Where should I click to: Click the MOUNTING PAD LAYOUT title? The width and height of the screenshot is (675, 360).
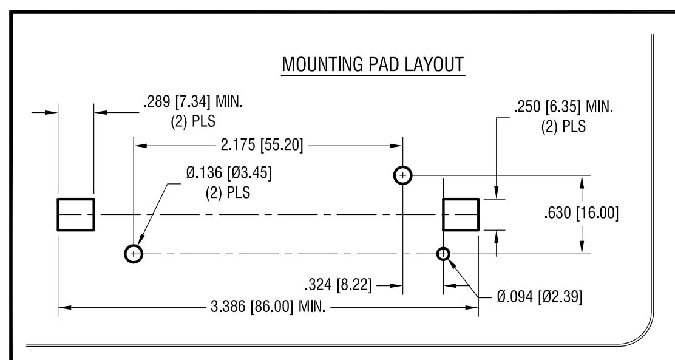tap(373, 65)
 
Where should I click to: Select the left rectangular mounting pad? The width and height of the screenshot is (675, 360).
tap(76, 214)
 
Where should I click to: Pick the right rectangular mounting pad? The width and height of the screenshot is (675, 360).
tap(461, 214)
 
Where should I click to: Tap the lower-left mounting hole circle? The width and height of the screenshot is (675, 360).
tap(134, 253)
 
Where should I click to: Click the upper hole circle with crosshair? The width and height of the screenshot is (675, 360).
tap(402, 175)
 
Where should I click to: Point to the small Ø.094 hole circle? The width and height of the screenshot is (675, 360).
tap(444, 253)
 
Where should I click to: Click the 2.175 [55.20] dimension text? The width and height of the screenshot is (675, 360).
tap(262, 144)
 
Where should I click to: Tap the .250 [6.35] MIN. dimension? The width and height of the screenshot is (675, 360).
tap(563, 109)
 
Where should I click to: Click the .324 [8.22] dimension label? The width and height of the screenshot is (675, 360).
tap(339, 285)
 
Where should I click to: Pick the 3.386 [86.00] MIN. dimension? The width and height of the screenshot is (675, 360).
tap(268, 307)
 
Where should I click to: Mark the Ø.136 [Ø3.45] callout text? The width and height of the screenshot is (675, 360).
tap(229, 173)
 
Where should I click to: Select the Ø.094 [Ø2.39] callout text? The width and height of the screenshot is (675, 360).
tap(540, 297)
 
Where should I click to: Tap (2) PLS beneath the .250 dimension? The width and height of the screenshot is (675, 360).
tap(563, 127)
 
